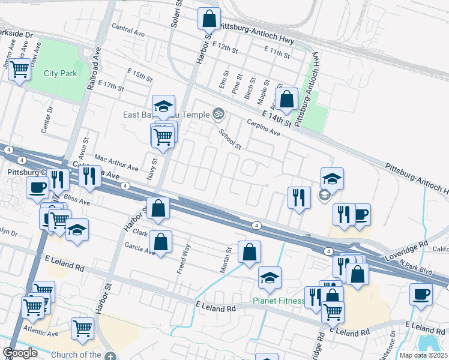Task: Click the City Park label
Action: point(61,74)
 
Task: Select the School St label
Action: point(230,140)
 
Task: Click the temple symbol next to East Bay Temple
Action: point(218,114)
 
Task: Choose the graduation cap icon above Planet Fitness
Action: point(270,278)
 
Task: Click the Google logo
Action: point(20,353)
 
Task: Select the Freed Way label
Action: point(184,259)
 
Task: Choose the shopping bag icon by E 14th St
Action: point(287,100)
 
